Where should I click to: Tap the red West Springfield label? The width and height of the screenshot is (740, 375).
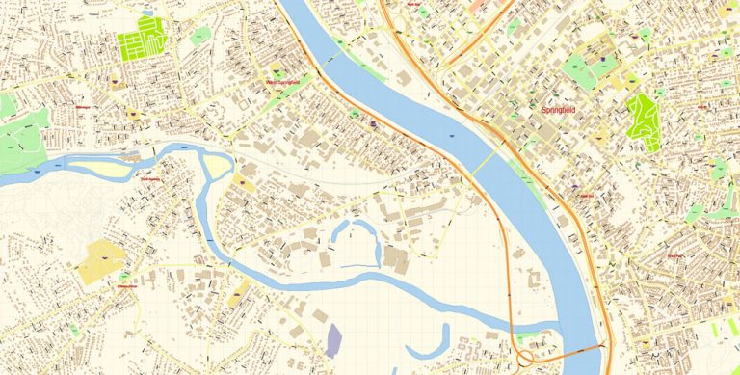click(x=283, y=82)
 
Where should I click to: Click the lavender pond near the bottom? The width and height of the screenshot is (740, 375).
click(x=333, y=340)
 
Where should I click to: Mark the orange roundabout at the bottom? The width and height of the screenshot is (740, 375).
click(x=530, y=344)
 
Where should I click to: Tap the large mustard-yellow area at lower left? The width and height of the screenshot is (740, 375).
click(x=103, y=260)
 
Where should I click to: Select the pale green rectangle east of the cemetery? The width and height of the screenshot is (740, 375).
click(x=200, y=35)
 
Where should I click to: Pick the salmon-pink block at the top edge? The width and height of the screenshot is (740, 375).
click(x=477, y=6)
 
